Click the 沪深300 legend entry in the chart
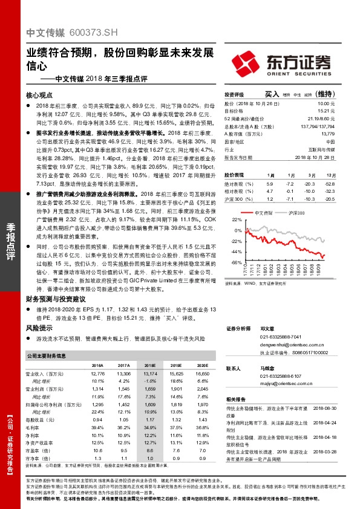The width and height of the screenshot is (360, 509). (296, 212)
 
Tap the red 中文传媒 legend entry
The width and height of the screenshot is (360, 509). (261, 212)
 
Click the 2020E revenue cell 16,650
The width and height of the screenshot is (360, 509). (201, 374)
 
